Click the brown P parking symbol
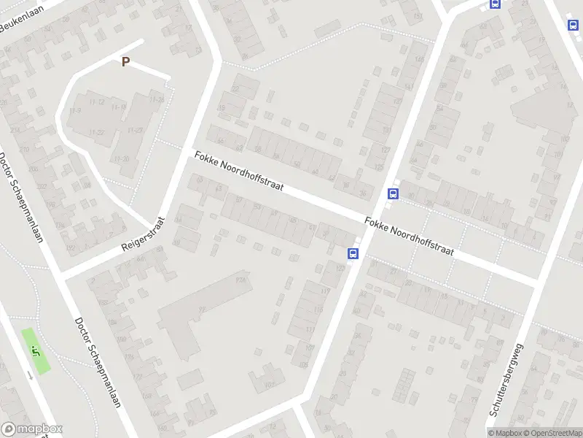point(125,62)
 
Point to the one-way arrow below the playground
point(29,374)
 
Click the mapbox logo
point(32,429)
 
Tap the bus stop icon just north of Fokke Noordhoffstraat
point(394,194)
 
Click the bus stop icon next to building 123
point(353,254)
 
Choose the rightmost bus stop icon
point(573,25)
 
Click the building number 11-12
point(96,101)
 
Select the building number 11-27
point(135,130)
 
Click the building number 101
point(296,258)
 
